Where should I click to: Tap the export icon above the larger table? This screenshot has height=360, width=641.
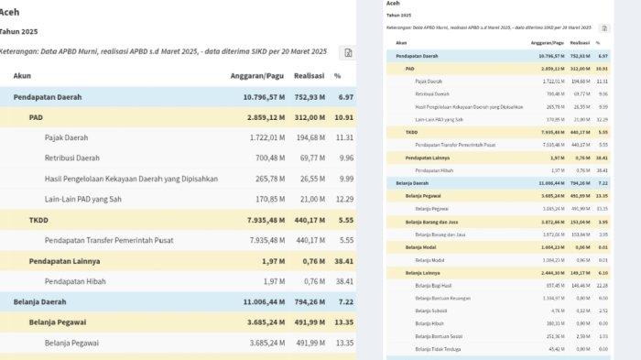point(347,53)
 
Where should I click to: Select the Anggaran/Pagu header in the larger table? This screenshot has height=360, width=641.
point(255,75)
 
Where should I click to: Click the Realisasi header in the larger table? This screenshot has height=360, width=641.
point(310,75)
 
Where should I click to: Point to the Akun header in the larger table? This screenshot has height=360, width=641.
point(22,75)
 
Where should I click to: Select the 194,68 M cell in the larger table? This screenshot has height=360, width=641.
point(311,137)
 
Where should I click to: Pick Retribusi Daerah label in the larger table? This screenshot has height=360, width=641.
point(71,158)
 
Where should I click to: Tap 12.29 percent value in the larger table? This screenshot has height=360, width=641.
point(343,199)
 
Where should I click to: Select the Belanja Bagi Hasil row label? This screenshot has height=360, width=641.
point(435,285)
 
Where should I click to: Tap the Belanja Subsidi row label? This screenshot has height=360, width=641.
point(430,311)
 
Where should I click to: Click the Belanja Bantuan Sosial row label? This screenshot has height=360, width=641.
point(438,336)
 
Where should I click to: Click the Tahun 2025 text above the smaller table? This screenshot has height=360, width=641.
point(398,16)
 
